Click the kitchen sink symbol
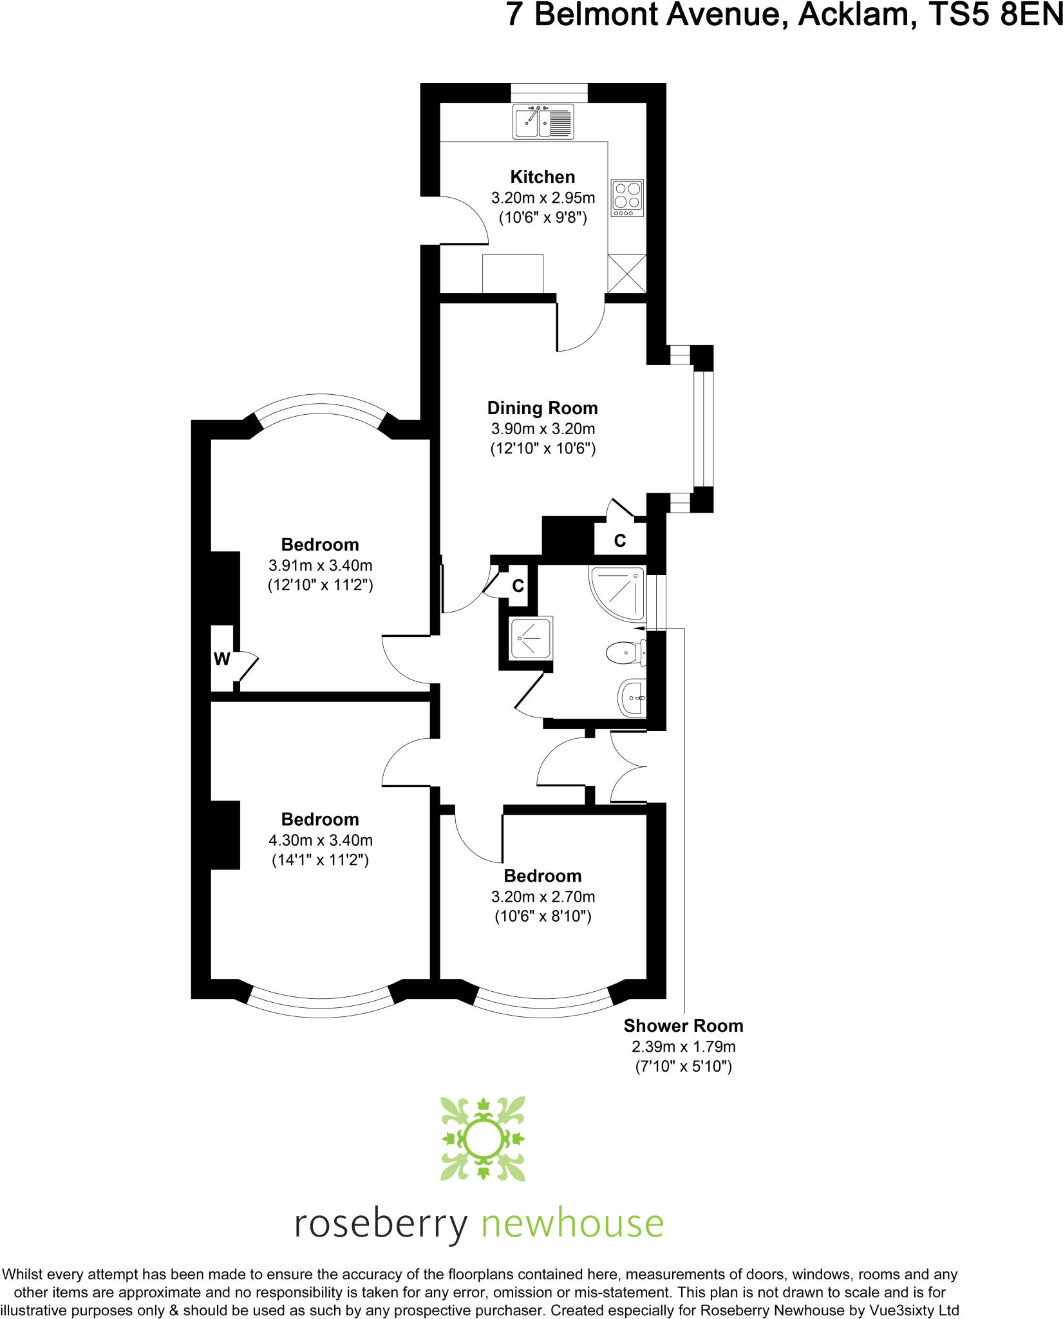pyautogui.click(x=543, y=121)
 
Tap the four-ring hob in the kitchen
pyautogui.click(x=627, y=197)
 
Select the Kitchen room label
pyautogui.click(x=542, y=176)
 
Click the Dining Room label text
pyautogui.click(x=542, y=408)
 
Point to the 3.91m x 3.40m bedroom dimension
pyautogui.click(x=320, y=565)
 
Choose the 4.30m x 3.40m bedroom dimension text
pyautogui.click(x=320, y=840)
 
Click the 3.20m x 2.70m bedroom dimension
pyautogui.click(x=542, y=897)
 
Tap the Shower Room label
pyautogui.click(x=683, y=1025)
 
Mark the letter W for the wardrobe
pyautogui.click(x=221, y=659)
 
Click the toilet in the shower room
pyautogui.click(x=625, y=653)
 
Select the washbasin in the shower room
pyautogui.click(x=632, y=697)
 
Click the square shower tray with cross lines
pyautogui.click(x=531, y=638)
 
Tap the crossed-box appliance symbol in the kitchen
pyautogui.click(x=627, y=273)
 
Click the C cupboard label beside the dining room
pyautogui.click(x=620, y=540)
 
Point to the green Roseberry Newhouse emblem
pyautogui.click(x=483, y=1139)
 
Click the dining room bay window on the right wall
pyautogui.click(x=703, y=429)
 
